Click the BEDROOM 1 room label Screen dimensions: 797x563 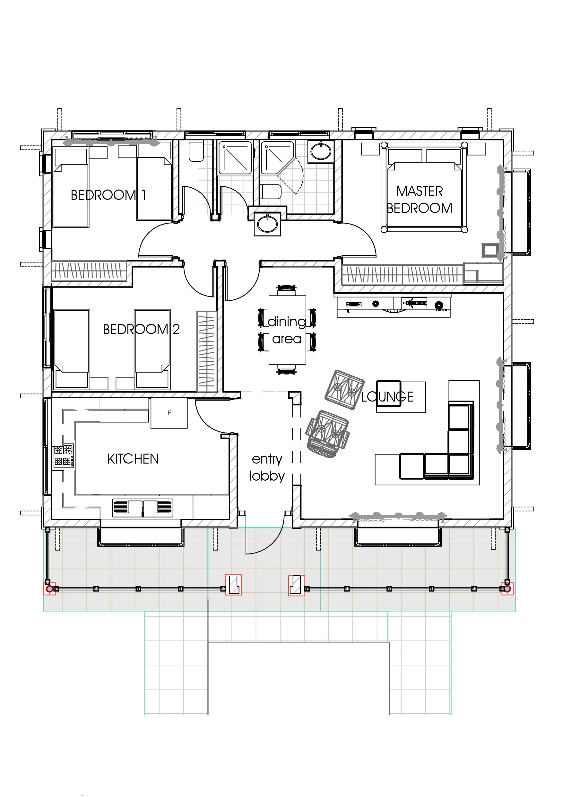point(108,195)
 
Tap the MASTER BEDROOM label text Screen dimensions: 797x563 point(420,199)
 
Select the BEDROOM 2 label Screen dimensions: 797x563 point(141,329)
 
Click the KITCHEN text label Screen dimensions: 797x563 point(133,459)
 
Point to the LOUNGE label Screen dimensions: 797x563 point(387,396)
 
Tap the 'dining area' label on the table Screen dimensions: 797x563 point(287,330)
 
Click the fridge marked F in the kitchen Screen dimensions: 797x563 point(169,413)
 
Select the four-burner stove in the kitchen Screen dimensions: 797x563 point(64,456)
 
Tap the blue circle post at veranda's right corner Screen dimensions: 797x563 point(507,589)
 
